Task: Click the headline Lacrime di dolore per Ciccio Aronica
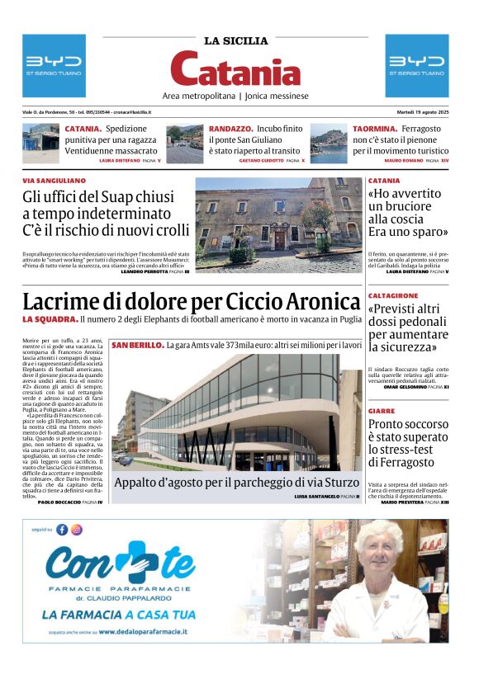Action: (192, 301)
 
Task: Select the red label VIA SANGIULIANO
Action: (54, 181)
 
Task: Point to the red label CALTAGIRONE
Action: (393, 295)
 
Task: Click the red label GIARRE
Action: (382, 410)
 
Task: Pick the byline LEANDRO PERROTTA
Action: (147, 271)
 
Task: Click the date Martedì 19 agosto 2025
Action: (419, 112)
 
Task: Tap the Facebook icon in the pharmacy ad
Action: (62, 530)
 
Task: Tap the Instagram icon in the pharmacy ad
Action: (77, 530)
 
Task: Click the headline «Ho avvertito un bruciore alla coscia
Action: (408, 212)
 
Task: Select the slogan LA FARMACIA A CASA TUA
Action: (119, 614)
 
